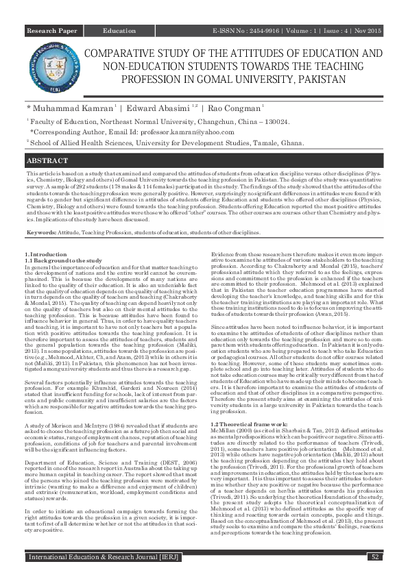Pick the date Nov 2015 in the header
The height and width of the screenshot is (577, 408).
370,32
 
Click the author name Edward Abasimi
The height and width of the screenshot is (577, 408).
159,108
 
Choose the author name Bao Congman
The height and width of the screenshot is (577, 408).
230,108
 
